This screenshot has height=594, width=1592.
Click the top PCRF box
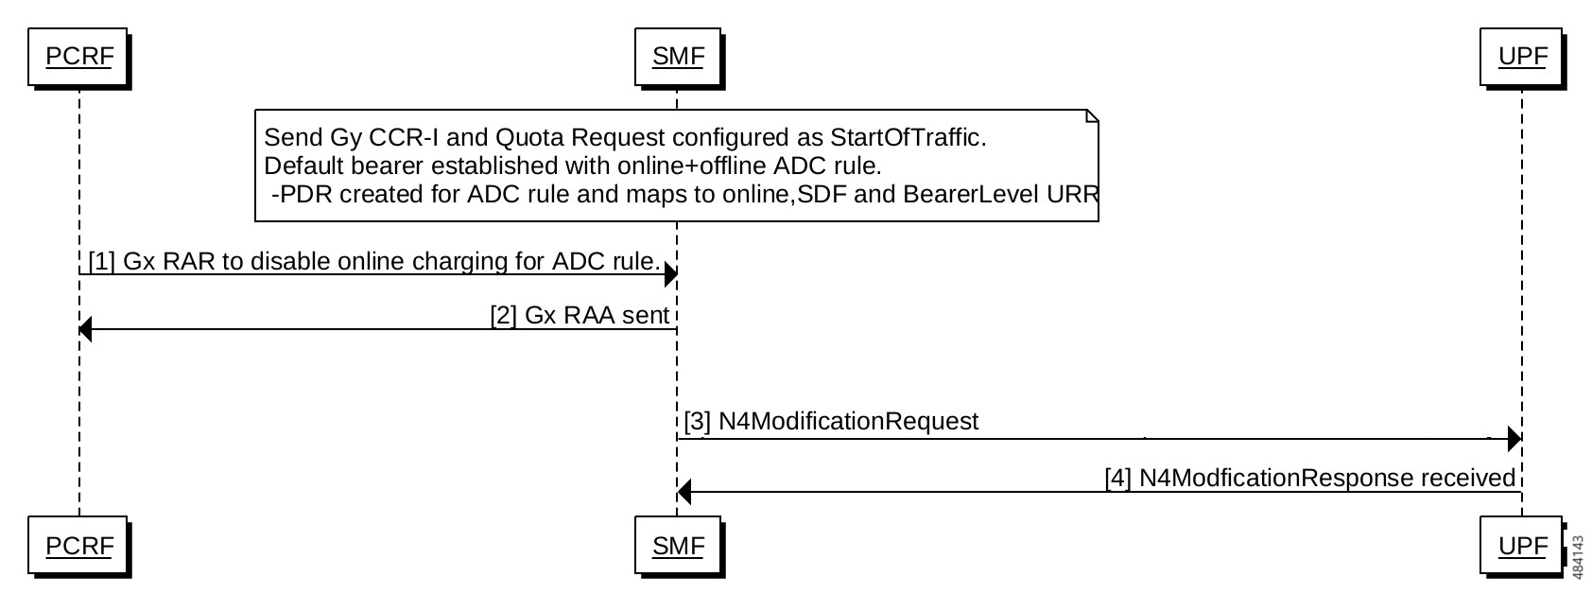tap(78, 57)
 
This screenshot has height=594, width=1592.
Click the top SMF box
tap(678, 57)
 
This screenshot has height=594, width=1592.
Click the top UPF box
tap(1522, 57)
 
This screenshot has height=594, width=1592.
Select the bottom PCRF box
tap(78, 546)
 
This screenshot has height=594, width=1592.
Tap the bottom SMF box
tap(678, 546)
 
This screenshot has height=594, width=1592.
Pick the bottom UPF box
tap(1522, 546)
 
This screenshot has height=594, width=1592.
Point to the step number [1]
tap(102, 261)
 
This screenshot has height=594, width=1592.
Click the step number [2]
tap(503, 315)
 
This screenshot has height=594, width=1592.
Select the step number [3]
tap(698, 421)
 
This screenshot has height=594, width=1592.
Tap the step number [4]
tap(1118, 478)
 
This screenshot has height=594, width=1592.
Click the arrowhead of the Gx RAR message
tap(670, 274)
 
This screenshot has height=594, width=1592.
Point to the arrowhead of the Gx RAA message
tap(85, 329)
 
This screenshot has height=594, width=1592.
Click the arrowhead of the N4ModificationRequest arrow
tap(1514, 439)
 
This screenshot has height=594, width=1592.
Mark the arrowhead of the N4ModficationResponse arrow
tap(684, 492)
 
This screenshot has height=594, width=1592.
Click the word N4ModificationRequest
tap(849, 421)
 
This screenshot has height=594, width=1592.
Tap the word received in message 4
tap(1467, 478)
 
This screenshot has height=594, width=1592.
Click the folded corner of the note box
tap(1093, 115)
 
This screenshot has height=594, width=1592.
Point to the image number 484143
tap(1578, 558)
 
